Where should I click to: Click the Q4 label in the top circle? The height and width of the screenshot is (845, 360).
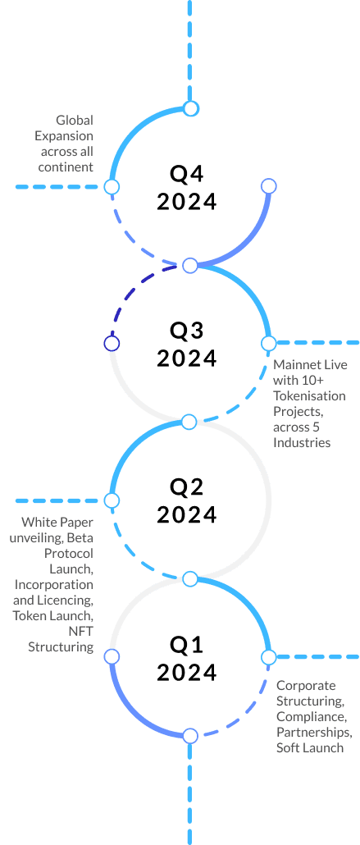click(187, 174)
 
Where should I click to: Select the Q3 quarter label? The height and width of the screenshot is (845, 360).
click(187, 331)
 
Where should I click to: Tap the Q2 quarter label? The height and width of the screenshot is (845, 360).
click(187, 486)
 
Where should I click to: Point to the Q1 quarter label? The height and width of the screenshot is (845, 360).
click(186, 644)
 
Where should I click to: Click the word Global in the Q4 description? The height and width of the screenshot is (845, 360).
click(75, 120)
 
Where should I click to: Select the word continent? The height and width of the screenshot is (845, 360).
click(66, 167)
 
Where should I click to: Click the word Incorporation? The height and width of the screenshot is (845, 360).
click(54, 584)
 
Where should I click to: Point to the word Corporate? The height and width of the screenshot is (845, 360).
click(306, 686)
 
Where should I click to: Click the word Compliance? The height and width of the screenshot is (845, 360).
click(311, 717)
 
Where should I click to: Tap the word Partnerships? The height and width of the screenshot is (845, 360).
click(315, 733)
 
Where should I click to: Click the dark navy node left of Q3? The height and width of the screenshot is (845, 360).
click(112, 343)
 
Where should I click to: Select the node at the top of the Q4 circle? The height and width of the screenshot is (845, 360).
click(191, 108)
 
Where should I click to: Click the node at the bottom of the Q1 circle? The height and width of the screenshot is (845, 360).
click(190, 736)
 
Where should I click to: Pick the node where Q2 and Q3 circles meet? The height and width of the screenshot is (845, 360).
click(189, 422)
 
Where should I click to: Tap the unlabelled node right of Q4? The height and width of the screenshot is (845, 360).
click(268, 186)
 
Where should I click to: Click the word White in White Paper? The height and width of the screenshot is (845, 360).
click(36, 523)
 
